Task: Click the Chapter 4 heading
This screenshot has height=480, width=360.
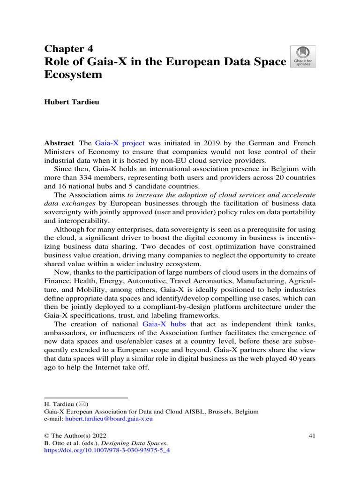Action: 68,49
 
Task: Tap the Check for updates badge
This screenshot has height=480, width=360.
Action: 303,56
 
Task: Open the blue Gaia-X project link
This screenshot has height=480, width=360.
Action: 120,143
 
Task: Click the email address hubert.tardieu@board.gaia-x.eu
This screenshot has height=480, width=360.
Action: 109,419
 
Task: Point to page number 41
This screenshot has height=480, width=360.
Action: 312,435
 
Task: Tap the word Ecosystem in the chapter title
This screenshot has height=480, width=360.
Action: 73,75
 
